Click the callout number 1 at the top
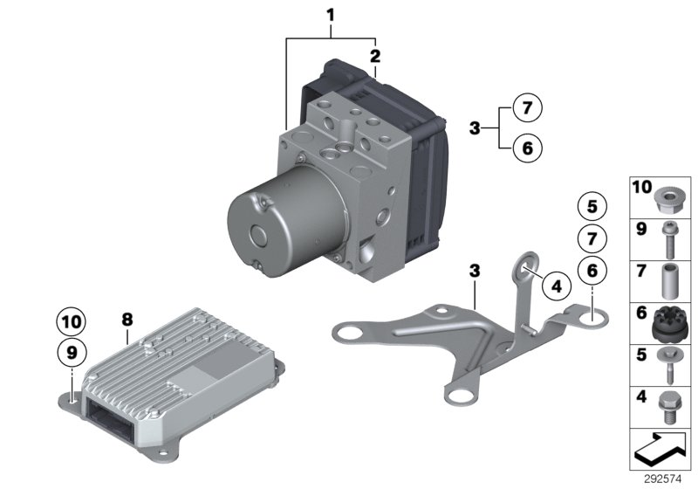(x=331, y=14)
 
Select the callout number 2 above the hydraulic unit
(x=376, y=56)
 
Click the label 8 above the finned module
(x=127, y=321)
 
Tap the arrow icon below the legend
(x=659, y=449)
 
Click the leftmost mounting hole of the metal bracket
(x=349, y=331)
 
